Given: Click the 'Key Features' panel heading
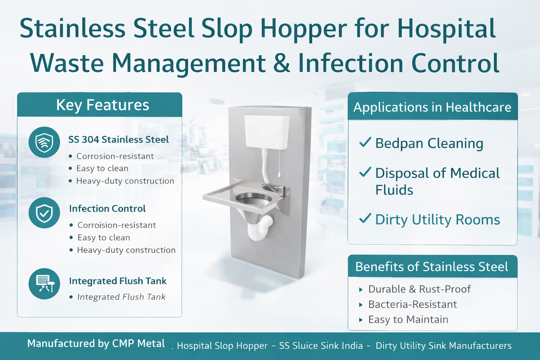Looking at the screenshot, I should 102,105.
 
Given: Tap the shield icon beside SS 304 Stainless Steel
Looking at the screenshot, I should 44,142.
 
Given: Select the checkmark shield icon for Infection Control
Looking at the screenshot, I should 44,213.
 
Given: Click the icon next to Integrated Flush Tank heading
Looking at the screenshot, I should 45,284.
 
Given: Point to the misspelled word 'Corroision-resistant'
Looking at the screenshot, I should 116,225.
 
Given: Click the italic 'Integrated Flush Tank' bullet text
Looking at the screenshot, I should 121,297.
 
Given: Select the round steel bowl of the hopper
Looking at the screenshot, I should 254,199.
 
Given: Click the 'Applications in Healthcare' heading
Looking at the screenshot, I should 432,107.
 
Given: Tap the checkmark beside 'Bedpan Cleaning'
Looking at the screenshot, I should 365,142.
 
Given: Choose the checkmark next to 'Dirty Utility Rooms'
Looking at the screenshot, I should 365,218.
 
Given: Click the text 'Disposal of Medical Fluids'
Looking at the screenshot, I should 437,181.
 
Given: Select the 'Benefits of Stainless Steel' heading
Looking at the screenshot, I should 431,267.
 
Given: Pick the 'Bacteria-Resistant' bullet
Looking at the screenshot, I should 412,304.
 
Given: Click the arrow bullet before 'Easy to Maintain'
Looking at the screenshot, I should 361,320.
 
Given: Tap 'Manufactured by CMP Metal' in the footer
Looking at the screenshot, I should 96,343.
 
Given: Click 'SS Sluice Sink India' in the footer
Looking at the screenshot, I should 321,346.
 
